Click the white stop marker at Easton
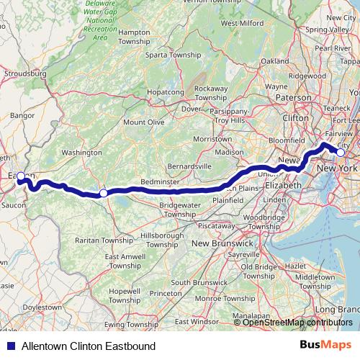click(x=22, y=176)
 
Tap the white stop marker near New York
click(x=341, y=152)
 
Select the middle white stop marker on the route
click(x=104, y=193)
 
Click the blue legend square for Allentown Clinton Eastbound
click(x=11, y=347)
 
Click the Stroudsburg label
click(x=25, y=73)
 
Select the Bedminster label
click(x=160, y=183)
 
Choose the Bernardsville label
click(x=190, y=166)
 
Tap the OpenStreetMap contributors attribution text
click(x=298, y=323)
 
